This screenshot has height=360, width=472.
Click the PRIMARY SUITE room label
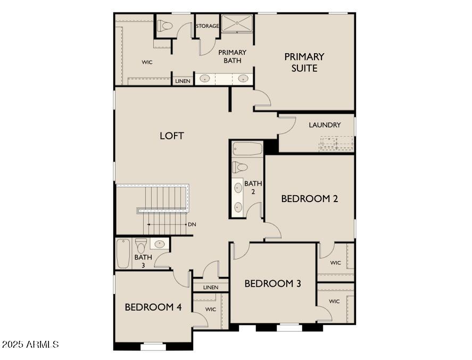click(x=304, y=62)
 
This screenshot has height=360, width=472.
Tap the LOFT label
click(x=172, y=136)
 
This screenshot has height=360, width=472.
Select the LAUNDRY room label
click(x=325, y=125)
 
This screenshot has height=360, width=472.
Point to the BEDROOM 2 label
click(x=310, y=199)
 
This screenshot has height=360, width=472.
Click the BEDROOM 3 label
click(x=272, y=283)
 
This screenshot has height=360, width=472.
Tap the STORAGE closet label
click(x=207, y=26)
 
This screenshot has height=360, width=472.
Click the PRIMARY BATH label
click(x=232, y=56)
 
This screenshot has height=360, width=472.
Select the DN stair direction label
click(x=192, y=224)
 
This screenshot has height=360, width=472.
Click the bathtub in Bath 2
click(x=248, y=149)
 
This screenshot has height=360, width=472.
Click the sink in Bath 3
click(x=160, y=244)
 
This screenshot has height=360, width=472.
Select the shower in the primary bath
click(x=237, y=23)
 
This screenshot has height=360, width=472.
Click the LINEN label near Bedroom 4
click(x=211, y=288)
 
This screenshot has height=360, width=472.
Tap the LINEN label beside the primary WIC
click(x=183, y=81)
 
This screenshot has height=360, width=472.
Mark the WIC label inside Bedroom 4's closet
click(x=211, y=309)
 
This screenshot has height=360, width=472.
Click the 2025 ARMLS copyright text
click(x=30, y=345)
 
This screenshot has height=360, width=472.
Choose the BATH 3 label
click(x=143, y=261)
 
